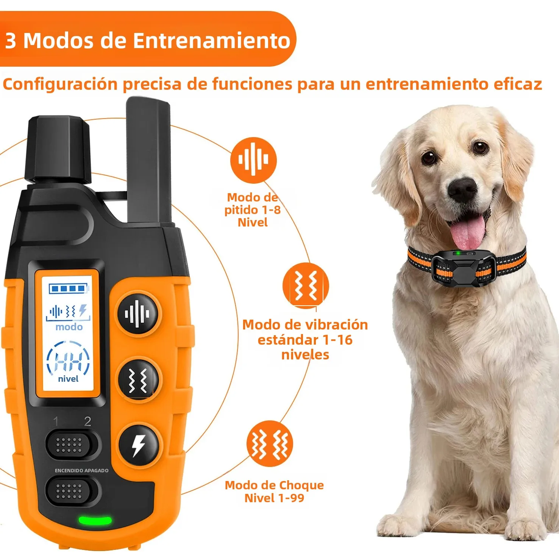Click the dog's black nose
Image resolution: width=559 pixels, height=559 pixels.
pos(462,189)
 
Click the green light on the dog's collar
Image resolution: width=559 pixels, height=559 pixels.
pos(458,253)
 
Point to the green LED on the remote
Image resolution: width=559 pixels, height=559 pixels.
pos(95,520)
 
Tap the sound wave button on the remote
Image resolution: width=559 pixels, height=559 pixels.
pos(138,314)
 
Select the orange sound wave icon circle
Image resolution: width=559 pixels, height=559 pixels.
pos(253,160)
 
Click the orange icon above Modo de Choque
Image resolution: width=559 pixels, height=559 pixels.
pos(270,443)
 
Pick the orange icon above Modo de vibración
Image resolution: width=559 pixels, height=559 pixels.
pos(306,286)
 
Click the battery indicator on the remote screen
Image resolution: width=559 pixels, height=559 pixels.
pos(69,289)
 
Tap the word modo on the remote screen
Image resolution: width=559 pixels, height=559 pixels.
pos(69,327)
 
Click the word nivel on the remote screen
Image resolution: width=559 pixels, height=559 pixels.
pos(68,379)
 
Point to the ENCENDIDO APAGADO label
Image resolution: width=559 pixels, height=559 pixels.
pos(82,470)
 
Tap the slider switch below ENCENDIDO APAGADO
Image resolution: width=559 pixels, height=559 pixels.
pos(72,491)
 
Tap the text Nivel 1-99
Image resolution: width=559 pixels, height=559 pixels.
pos(274,498)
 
